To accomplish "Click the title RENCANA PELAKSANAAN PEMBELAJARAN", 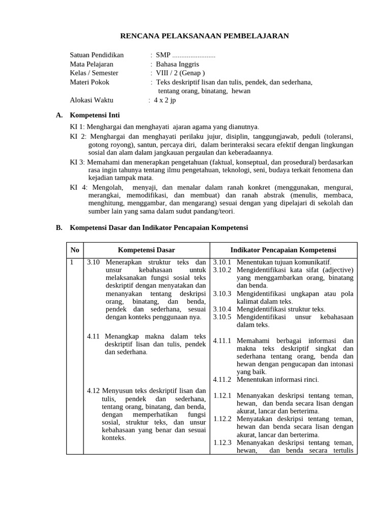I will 204,36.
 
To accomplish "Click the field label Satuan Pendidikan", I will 96,55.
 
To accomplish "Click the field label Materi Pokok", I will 90,82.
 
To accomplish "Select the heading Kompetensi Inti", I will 95,115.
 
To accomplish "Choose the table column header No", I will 75,250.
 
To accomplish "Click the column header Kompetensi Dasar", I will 146,250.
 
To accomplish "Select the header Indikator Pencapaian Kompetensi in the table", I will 283,250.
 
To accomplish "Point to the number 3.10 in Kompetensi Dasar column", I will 93,262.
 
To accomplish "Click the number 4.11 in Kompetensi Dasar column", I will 93,336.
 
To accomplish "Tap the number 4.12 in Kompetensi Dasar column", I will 93,390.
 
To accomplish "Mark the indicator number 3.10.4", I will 222,309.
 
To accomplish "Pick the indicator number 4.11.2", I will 222,379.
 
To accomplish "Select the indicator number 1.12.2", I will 222,419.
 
